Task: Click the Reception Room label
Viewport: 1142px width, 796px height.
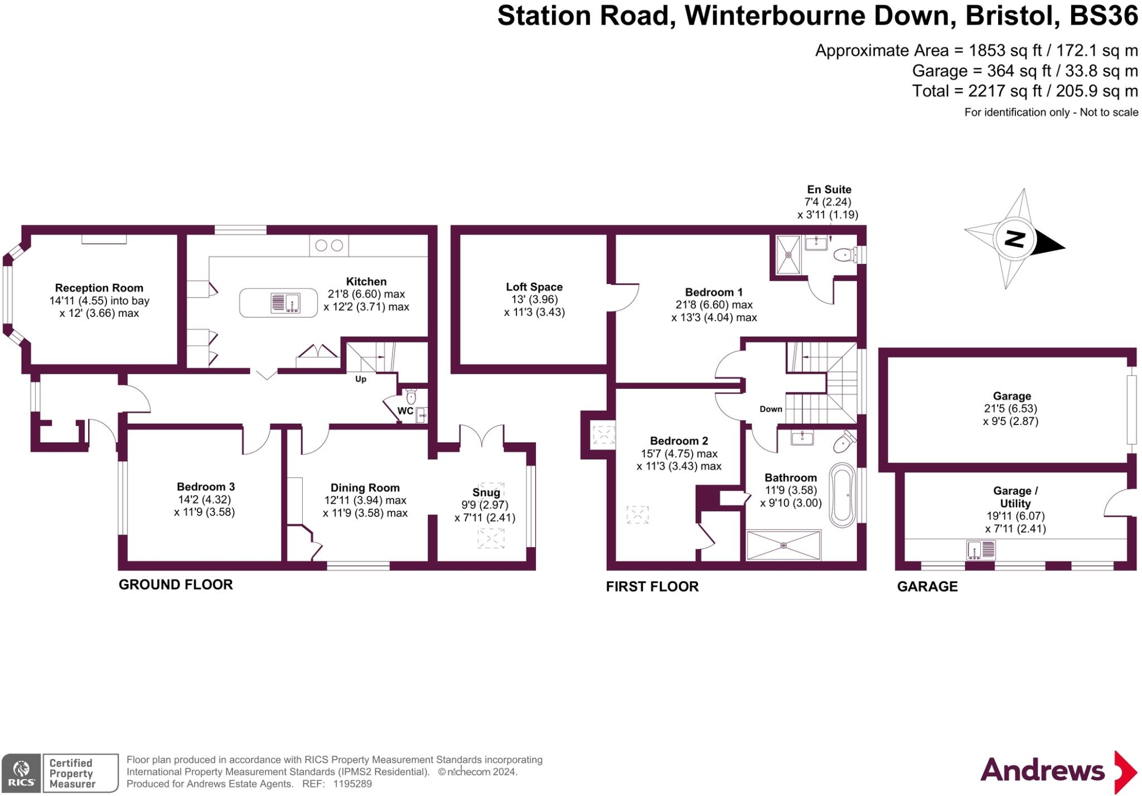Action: point(99,288)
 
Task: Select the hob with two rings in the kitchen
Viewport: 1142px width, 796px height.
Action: point(329,245)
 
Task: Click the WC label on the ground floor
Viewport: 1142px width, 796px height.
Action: point(405,411)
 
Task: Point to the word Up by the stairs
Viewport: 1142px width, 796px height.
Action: point(361,379)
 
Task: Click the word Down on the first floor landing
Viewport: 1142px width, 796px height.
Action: point(771,409)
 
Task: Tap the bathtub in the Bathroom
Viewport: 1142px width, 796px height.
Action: point(841,495)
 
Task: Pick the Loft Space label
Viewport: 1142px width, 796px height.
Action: point(534,287)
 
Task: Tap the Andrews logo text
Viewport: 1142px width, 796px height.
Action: point(1042,771)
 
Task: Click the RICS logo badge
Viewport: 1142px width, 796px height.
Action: point(21,773)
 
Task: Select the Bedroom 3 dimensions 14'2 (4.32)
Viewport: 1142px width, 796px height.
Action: point(204,500)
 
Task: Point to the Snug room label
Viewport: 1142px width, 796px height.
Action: point(486,493)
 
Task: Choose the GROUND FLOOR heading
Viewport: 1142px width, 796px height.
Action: point(176,585)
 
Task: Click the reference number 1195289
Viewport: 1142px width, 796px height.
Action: point(352,784)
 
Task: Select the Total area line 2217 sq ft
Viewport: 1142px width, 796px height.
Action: point(1025,91)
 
